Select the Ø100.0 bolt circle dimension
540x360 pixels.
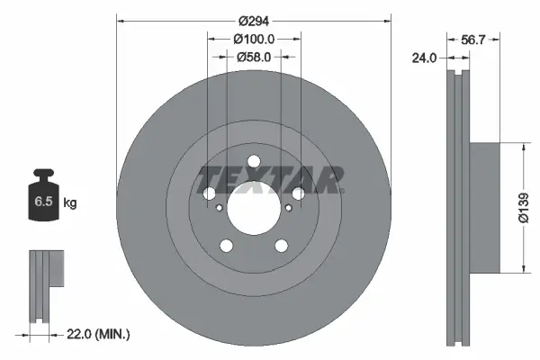point(254,39)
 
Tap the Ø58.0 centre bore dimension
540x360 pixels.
point(254,57)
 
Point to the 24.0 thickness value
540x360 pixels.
point(424,58)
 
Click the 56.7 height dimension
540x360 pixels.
point(474,39)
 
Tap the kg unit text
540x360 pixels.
point(70,203)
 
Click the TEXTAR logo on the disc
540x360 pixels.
point(271,179)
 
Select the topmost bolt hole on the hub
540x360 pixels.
point(254,163)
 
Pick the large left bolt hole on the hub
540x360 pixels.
point(211,193)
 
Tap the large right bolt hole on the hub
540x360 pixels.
point(298,193)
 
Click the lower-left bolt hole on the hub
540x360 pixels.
point(227,245)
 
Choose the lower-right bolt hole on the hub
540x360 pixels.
point(281,245)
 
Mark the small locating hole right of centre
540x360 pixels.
point(287,208)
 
